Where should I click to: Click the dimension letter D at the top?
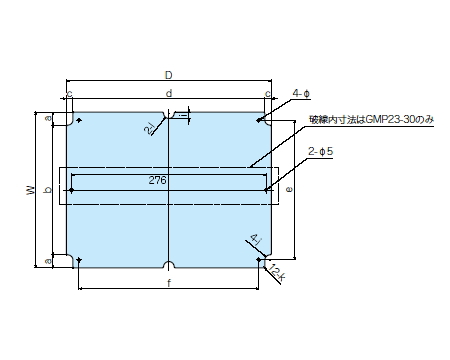pos(169,75)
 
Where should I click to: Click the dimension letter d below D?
pos(169,93)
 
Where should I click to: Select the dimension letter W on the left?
pos(31,190)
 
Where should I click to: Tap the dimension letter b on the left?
pos(49,190)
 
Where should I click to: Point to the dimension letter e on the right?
pos(289,189)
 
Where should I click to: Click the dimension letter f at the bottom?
pos(169,283)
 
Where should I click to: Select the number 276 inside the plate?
pos(157,180)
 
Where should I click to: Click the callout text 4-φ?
pos(301,93)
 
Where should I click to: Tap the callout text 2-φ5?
pos(321,152)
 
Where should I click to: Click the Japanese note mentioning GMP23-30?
pos(372,119)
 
